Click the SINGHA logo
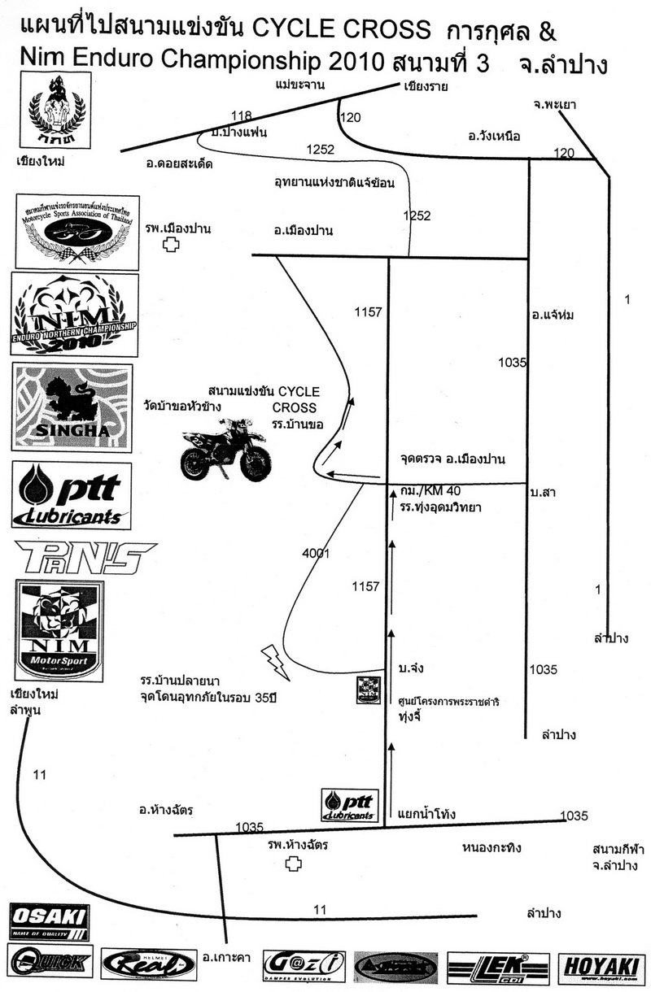click(73, 407)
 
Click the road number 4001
click(315, 553)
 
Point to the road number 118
click(242, 115)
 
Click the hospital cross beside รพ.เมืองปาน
click(171, 245)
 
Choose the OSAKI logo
click(49, 921)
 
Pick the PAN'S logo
click(85, 558)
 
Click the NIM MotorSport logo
click(59, 632)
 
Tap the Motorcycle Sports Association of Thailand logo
click(75, 232)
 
